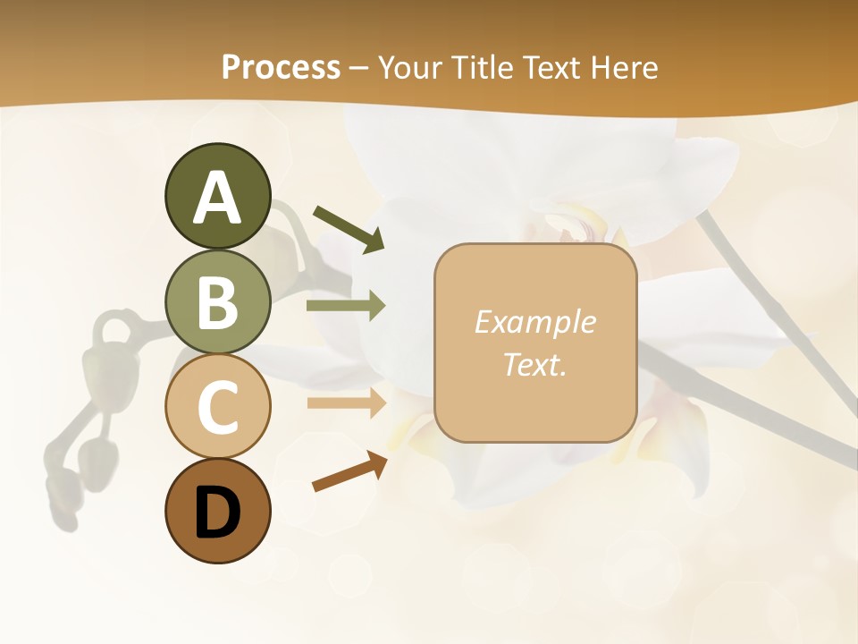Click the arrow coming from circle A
tap(348, 227)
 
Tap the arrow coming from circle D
tap(349, 471)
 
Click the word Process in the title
tap(281, 67)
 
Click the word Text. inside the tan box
tap(534, 364)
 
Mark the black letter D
tap(217, 513)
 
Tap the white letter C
tap(217, 408)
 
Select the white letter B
tap(217, 302)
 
